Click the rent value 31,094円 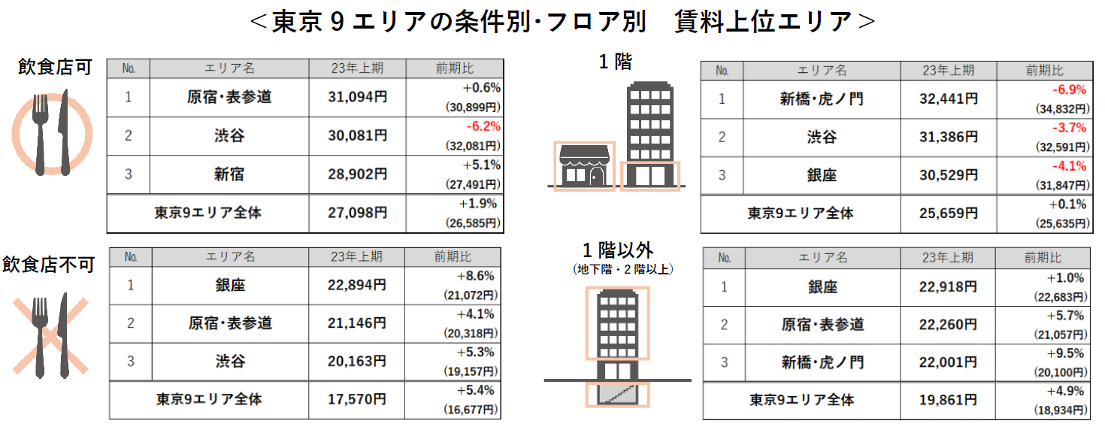click(x=358, y=97)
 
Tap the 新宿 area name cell click(x=229, y=175)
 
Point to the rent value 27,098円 click(x=358, y=213)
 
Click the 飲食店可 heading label click(x=55, y=67)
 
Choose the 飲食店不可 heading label click(x=48, y=264)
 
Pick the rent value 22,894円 click(x=358, y=286)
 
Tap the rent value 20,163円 click(x=358, y=362)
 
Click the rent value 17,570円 click(x=358, y=399)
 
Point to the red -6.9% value click(x=1070, y=89)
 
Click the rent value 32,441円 click(x=949, y=98)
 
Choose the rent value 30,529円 click(x=949, y=175)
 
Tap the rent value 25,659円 click(x=949, y=213)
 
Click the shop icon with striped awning click(x=585, y=166)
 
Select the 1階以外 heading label click(x=617, y=250)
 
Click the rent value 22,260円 click(x=949, y=325)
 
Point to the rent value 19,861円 click(x=949, y=400)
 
